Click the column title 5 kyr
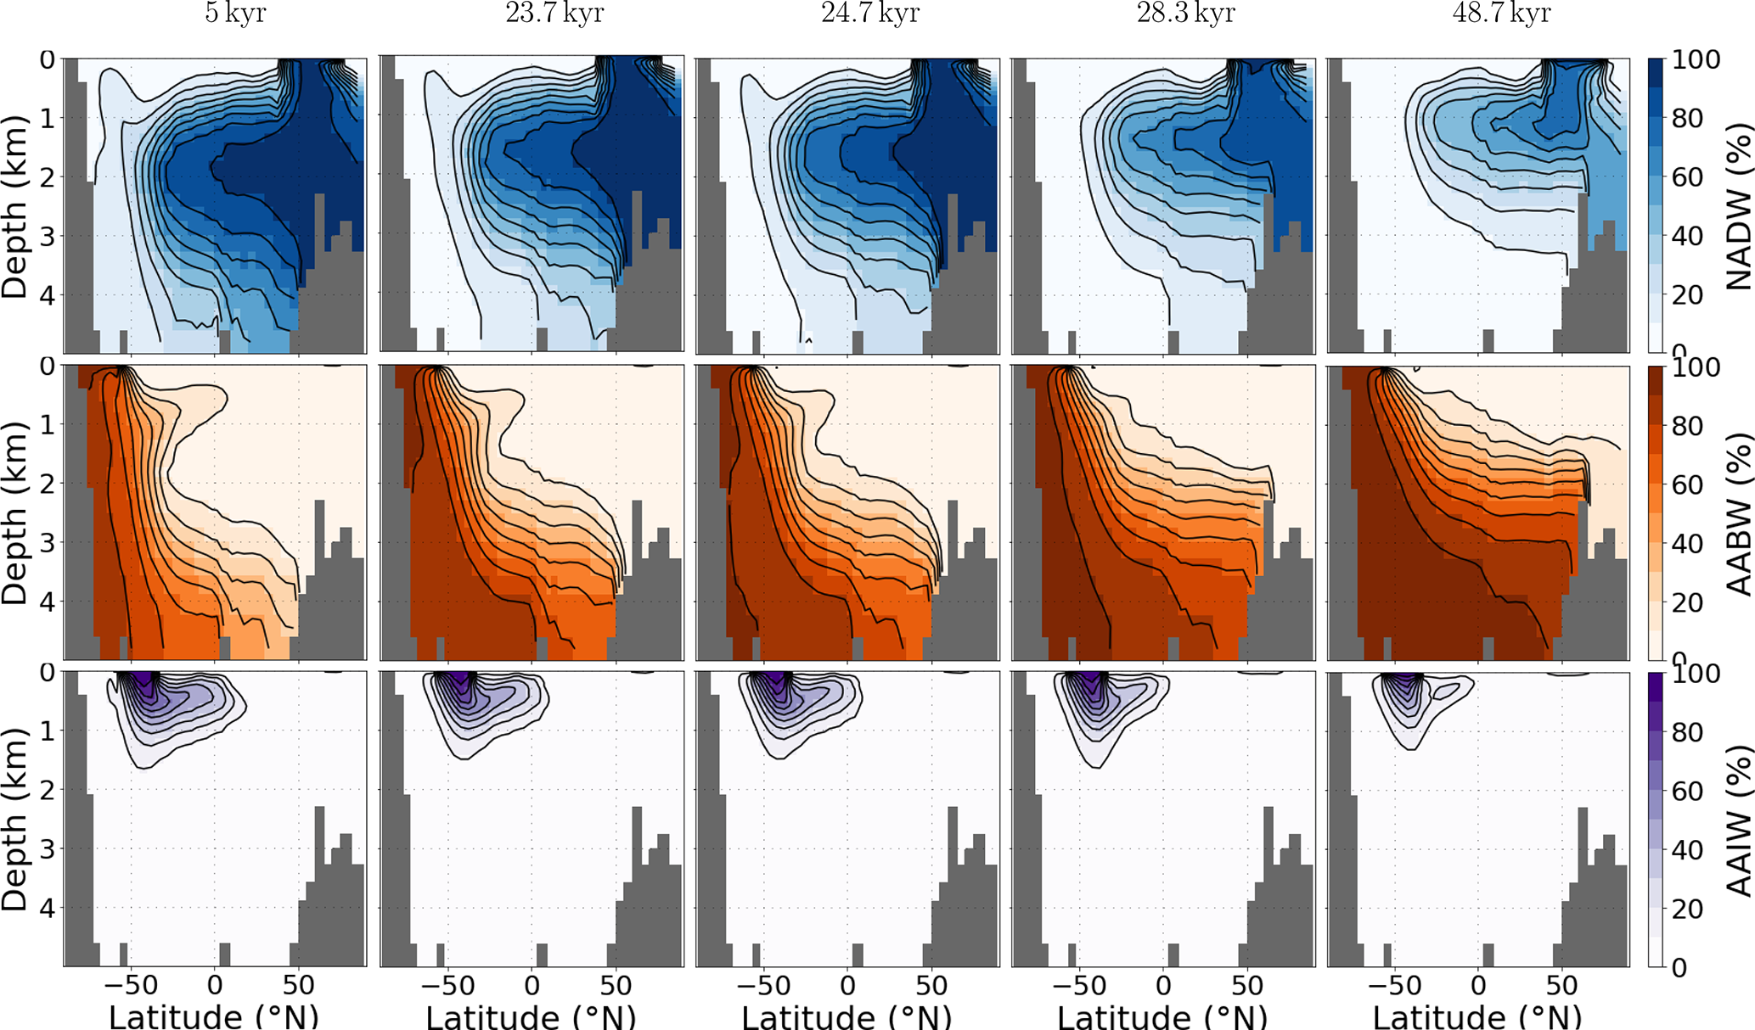(x=235, y=14)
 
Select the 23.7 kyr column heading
(x=554, y=14)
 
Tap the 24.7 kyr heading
(x=870, y=14)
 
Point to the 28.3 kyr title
(x=1186, y=14)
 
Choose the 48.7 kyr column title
(x=1502, y=14)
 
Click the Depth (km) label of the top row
(x=15, y=206)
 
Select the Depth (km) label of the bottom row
(x=15, y=819)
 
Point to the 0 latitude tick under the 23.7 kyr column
(x=532, y=986)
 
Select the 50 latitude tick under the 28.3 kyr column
(x=1247, y=986)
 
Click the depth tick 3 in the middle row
(x=47, y=543)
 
